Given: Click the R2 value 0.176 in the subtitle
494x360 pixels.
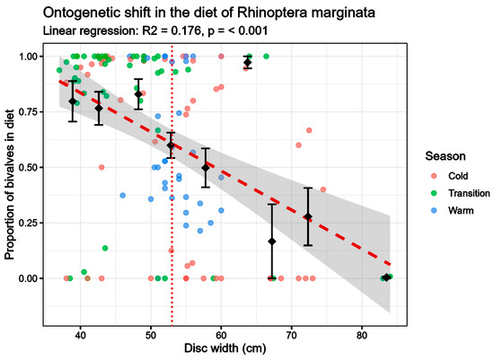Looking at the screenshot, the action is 186,31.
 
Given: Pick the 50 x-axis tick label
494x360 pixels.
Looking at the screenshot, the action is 151,335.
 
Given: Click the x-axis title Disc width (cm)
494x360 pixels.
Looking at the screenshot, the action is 225,348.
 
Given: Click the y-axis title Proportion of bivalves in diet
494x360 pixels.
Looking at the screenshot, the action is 10,185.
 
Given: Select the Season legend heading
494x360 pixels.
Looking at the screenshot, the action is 445,156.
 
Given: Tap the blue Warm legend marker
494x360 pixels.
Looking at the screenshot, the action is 435,210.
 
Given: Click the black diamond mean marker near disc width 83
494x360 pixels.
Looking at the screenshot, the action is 386,277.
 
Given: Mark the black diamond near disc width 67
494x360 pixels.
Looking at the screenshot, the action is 272,241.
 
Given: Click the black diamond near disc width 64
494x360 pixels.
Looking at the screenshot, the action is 248,62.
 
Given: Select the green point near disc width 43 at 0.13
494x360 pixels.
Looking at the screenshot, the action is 105,248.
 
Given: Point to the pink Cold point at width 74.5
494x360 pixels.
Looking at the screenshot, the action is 323,189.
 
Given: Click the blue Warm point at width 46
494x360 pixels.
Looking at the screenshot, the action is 123,196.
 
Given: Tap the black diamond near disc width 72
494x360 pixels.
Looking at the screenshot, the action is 308,216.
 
